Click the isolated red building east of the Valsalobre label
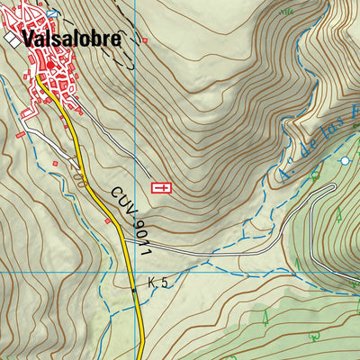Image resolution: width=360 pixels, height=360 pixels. [x=144, y=40]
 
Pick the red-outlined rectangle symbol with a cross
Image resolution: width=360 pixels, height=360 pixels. [x=162, y=187]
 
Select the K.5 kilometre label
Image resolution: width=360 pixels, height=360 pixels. [x=159, y=283]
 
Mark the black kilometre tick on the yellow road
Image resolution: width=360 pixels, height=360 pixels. [x=135, y=290]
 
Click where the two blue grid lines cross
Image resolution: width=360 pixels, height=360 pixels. [x=135, y=271]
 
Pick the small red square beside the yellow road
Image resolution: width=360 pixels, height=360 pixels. [x=108, y=220]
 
